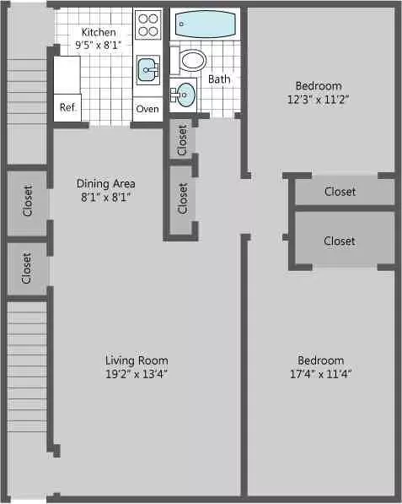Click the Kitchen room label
click(99, 32)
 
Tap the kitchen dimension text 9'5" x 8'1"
click(98, 45)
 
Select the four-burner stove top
click(147, 25)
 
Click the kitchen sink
click(148, 70)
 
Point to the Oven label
click(147, 109)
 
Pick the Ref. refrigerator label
click(67, 107)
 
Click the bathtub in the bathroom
click(205, 24)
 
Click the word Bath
click(219, 79)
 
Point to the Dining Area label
click(105, 183)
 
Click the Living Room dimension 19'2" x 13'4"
click(137, 374)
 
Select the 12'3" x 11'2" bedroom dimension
click(318, 100)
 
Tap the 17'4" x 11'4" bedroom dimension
click(320, 374)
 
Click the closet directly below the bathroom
click(182, 139)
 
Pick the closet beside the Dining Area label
click(182, 198)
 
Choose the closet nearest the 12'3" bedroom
click(345, 192)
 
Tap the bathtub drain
click(181, 24)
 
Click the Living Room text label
click(137, 360)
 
